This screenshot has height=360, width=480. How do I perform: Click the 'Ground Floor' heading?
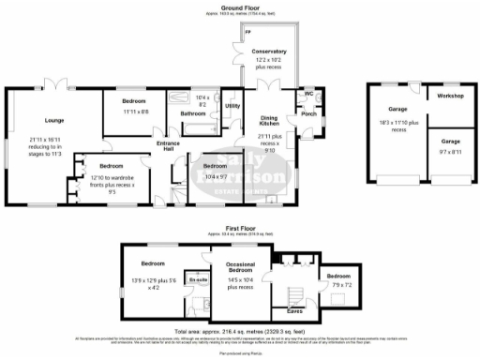[240, 7]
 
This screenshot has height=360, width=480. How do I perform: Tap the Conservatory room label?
[274, 52]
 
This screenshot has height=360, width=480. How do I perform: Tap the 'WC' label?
[308, 94]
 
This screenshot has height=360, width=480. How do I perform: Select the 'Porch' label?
[307, 116]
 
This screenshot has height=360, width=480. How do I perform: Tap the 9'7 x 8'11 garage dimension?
[444, 152]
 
